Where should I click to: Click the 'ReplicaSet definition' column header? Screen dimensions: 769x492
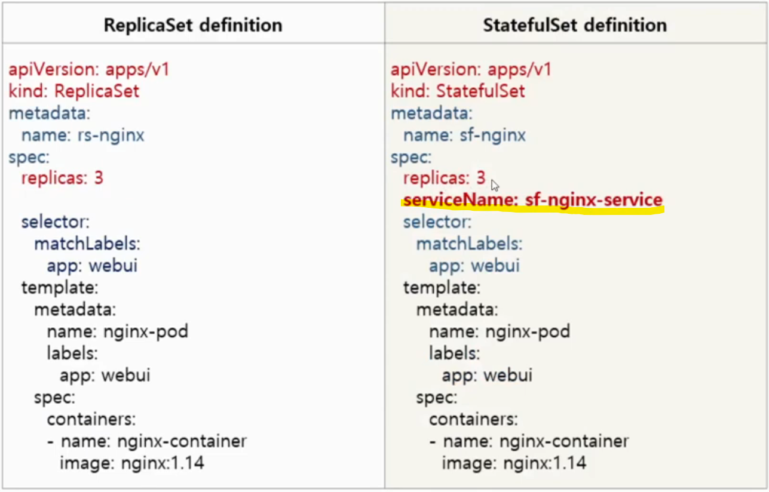pos(192,25)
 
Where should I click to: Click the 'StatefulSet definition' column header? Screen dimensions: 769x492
pos(574,25)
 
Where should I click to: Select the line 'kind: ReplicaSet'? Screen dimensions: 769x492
pos(73,91)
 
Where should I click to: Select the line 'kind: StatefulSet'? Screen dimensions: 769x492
pos(458,91)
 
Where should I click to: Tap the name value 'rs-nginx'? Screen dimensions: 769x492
pos(111,135)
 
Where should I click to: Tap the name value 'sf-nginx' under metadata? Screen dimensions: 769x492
pos(494,135)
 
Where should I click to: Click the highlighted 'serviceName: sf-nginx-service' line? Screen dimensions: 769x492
pos(532,200)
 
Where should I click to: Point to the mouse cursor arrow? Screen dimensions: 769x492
pos(494,184)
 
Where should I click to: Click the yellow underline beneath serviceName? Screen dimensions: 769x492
pos(532,210)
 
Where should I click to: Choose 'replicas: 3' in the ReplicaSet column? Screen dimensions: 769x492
pos(62,179)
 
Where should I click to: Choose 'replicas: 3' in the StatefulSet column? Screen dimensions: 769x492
pos(444,179)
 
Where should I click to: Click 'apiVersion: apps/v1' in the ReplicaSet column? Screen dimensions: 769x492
pos(89,69)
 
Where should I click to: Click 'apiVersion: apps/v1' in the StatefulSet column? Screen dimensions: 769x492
pos(471,69)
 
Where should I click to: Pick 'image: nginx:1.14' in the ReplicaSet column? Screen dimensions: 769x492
pos(131,463)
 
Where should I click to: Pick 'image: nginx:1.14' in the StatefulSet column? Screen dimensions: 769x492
pos(514,463)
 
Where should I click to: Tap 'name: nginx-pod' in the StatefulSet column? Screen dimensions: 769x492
pos(499,331)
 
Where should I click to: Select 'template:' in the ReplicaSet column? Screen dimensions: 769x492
pos(60,287)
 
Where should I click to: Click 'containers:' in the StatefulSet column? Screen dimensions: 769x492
pos(473,419)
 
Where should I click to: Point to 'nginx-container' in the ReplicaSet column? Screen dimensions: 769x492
pos(182,441)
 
